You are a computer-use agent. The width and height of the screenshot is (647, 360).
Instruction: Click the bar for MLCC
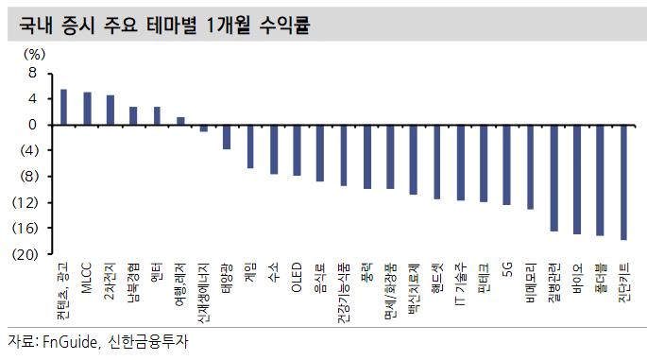87,108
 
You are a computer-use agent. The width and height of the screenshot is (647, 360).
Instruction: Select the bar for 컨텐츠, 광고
63,107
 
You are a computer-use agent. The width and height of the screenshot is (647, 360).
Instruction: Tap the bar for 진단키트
623,181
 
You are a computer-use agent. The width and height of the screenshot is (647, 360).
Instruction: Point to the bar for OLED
297,149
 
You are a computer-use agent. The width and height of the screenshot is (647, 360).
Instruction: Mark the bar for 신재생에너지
203,128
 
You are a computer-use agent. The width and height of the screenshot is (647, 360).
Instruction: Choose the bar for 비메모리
530,166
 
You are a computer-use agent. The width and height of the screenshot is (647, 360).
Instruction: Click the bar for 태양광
227,136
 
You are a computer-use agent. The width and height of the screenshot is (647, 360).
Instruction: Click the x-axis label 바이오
576,279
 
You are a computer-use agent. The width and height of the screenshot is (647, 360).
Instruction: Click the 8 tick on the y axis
32,73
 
